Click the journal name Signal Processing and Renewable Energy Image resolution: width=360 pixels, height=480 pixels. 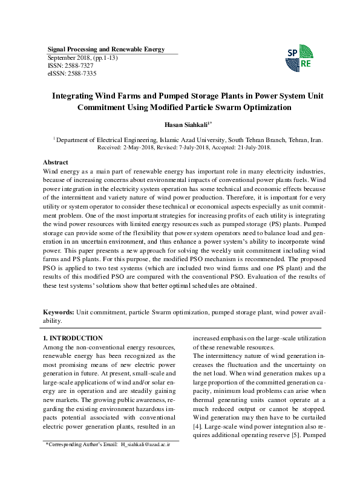pyautogui.click(x=106, y=49)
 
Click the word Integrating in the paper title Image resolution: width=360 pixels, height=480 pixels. pyautogui.click(x=76, y=96)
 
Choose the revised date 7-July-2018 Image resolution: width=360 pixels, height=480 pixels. pyautogui.click(x=192, y=147)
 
